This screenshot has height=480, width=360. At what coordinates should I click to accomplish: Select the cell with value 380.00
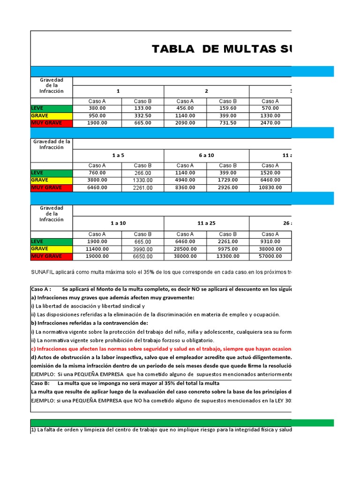pyautogui.click(x=97, y=108)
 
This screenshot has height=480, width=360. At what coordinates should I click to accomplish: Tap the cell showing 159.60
pyautogui.click(x=228, y=108)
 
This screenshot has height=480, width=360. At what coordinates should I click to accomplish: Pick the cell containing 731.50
pyautogui.click(x=228, y=123)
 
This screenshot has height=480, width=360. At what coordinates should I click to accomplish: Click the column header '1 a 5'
pyautogui.click(x=118, y=155)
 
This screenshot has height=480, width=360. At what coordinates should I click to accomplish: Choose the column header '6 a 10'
pyautogui.click(x=206, y=155)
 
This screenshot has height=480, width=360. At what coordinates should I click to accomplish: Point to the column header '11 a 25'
pyautogui.click(x=206, y=223)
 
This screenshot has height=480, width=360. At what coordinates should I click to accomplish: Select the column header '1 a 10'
pyautogui.click(x=118, y=223)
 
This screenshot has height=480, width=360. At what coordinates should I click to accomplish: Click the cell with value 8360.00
pyautogui.click(x=185, y=187)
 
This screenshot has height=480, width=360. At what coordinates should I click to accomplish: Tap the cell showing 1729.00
pyautogui.click(x=228, y=180)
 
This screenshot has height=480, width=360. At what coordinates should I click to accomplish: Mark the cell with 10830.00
pyautogui.click(x=270, y=187)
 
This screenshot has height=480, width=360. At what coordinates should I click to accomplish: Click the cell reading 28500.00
pyautogui.click(x=185, y=249)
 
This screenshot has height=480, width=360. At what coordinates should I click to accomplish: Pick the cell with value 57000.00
pyautogui.click(x=270, y=256)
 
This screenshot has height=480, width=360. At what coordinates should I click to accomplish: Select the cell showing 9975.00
pyautogui.click(x=228, y=249)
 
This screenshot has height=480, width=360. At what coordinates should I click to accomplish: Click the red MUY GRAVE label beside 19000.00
pyautogui.click(x=46, y=256)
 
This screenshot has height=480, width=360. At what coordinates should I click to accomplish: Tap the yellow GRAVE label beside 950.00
pyautogui.click(x=40, y=115)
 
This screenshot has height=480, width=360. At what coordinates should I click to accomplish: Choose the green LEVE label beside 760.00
pyautogui.click(x=37, y=172)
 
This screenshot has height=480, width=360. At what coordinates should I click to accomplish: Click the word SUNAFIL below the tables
pyautogui.click(x=43, y=272)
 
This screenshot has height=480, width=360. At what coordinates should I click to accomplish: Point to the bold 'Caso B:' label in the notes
pyautogui.click(x=40, y=383)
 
